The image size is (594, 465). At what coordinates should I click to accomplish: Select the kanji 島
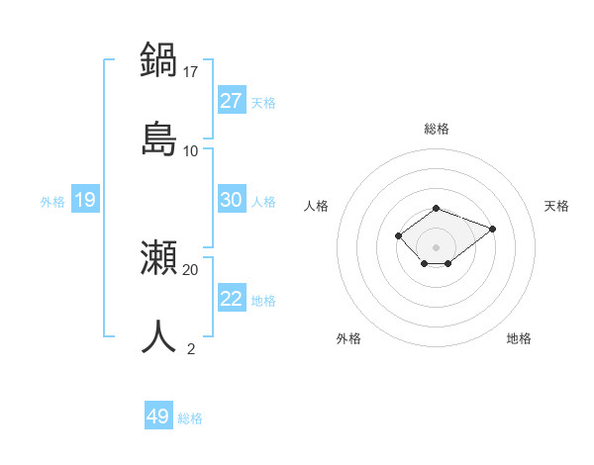(158, 138)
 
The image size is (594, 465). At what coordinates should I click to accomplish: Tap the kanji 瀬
(158, 258)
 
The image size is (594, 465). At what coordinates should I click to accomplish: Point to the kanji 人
(158, 336)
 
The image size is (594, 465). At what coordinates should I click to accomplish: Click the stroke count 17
(191, 71)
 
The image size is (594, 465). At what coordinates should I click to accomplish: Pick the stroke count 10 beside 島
(191, 150)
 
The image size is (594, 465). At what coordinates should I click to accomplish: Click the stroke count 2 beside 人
(191, 348)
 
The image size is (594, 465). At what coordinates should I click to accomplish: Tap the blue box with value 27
(232, 101)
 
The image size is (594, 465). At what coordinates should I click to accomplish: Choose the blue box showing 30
(232, 200)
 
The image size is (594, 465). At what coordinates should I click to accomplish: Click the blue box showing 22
(232, 299)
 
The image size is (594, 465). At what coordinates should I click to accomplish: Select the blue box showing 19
(85, 200)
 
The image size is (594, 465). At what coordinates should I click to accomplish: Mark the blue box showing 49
(158, 417)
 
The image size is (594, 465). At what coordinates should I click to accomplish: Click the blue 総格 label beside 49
(190, 418)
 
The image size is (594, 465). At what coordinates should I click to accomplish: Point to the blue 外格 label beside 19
(52, 202)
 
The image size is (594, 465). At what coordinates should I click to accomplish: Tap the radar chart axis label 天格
(556, 206)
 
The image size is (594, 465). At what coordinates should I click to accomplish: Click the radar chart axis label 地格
(519, 338)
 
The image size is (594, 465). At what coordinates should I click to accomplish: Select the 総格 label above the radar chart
(437, 129)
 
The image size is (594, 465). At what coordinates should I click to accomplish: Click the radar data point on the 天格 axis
(492, 229)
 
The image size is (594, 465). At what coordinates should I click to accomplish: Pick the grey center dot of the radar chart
(437, 246)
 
